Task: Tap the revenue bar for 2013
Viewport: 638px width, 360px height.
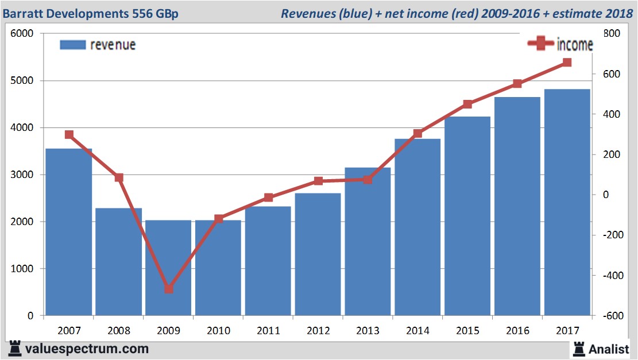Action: tap(368, 241)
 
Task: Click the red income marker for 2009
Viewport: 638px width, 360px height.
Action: tap(168, 289)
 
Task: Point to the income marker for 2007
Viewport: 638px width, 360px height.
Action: tap(69, 134)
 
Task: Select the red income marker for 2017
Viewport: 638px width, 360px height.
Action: tap(567, 63)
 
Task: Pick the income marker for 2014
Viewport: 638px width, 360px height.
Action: tap(417, 134)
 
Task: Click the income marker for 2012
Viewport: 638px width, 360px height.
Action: tap(318, 181)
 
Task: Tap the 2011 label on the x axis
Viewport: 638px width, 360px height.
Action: tap(268, 331)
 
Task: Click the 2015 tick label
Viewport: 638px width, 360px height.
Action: tap(467, 331)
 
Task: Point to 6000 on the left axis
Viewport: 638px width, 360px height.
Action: tap(22, 34)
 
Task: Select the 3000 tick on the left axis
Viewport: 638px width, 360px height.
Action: tap(22, 175)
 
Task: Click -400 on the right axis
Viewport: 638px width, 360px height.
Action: tap(610, 276)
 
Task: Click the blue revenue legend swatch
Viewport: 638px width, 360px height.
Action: tap(72, 45)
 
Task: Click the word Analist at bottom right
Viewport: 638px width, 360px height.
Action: tap(609, 349)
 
